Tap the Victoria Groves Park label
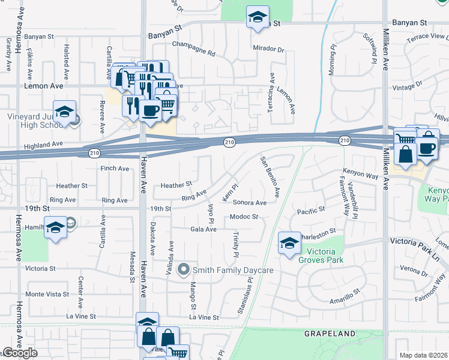click(325, 256)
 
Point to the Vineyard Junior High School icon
click(64, 112)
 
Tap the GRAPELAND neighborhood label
click(330, 333)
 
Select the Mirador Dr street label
click(268, 48)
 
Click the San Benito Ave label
click(270, 177)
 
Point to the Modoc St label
click(243, 217)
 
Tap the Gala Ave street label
click(203, 229)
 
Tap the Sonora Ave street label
click(249, 203)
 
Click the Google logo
click(20, 352)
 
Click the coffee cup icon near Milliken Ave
click(427, 148)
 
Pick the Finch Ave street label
click(115, 169)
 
